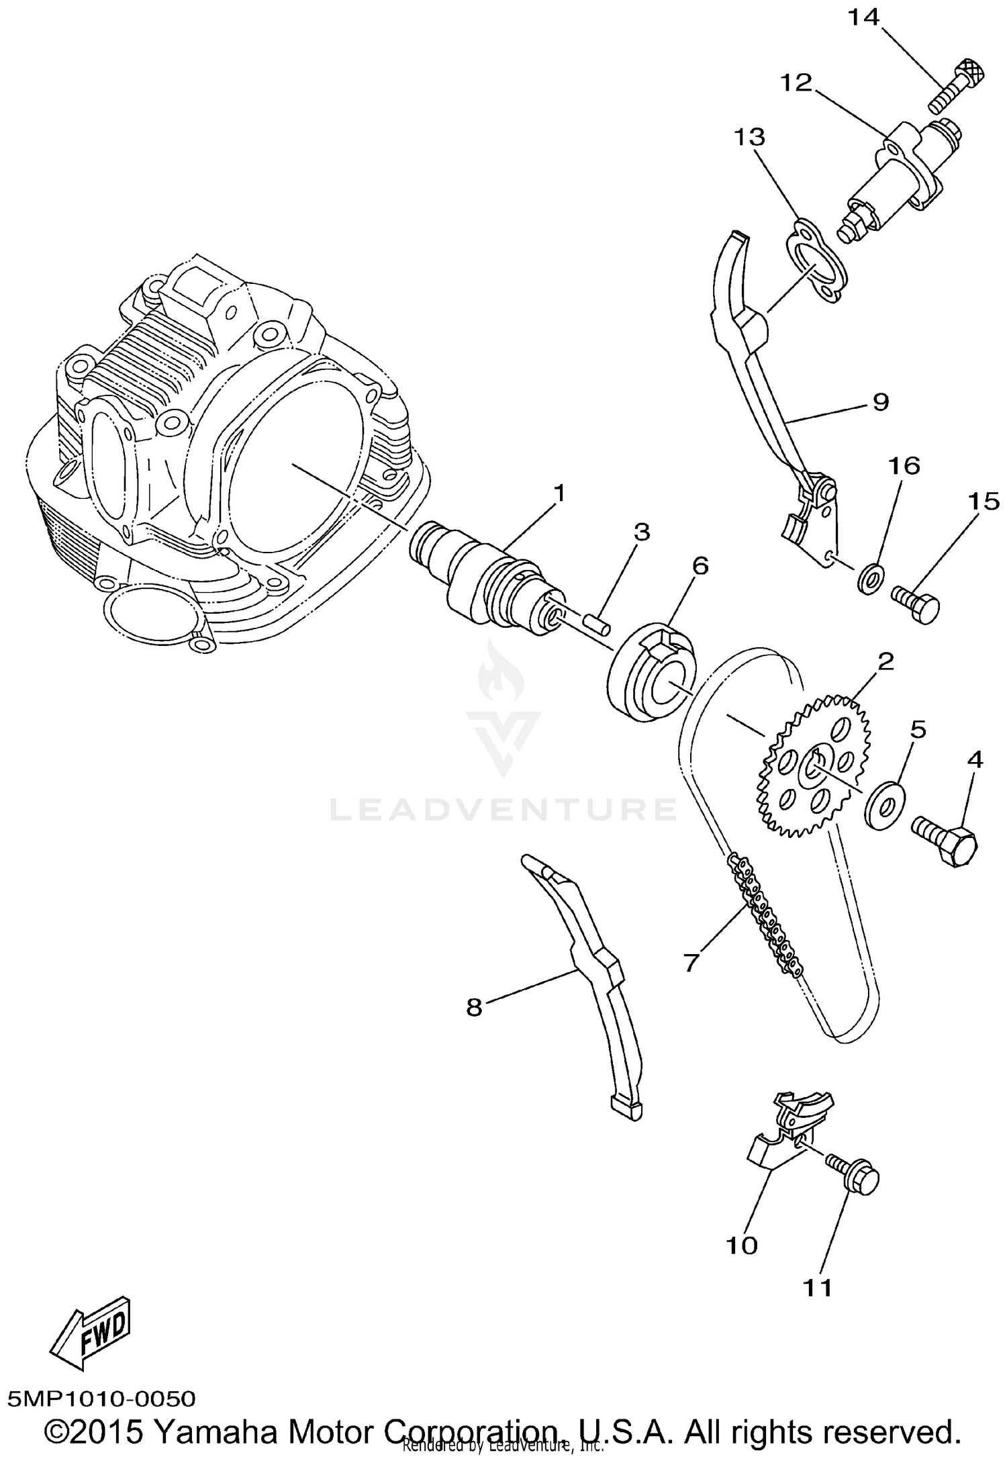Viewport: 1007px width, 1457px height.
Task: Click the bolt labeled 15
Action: tap(917, 600)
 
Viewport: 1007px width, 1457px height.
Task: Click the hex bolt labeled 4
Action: tap(947, 841)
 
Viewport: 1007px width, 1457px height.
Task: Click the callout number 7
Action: tap(691, 961)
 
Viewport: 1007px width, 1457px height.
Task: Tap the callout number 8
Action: tap(474, 1007)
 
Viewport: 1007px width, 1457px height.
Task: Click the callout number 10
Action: tap(742, 1245)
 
